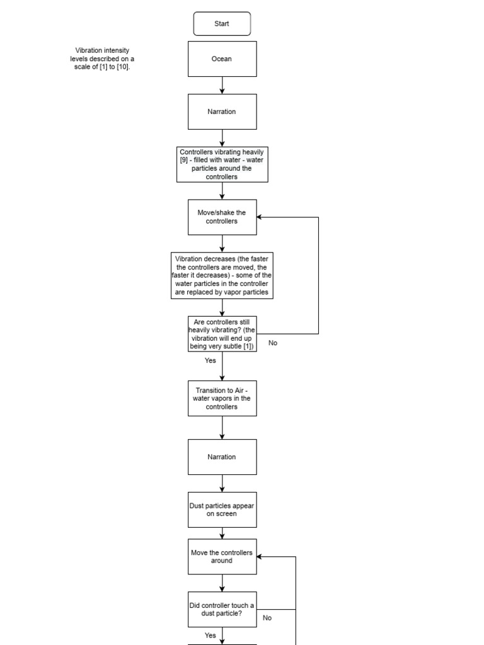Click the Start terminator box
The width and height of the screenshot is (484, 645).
pos(222,24)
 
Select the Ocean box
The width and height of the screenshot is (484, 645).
pos(222,59)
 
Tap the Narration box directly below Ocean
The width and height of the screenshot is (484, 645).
pos(222,111)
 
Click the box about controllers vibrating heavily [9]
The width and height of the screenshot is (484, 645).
pos(222,164)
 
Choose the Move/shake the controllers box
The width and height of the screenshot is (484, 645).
pos(222,217)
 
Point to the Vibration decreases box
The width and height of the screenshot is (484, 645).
pos(222,275)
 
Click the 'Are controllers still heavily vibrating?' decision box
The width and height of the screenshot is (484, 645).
pos(222,334)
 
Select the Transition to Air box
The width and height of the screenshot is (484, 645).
pos(222,398)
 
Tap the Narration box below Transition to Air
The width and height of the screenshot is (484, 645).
pos(222,457)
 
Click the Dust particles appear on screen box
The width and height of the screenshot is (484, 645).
pos(222,510)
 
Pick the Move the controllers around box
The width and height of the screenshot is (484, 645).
pos(222,556)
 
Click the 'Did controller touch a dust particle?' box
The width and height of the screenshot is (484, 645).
pos(222,609)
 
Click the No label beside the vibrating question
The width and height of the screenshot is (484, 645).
pos(273,343)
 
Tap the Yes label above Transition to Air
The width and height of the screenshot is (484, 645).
pos(210,361)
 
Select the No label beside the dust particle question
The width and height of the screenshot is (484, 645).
pos(267,618)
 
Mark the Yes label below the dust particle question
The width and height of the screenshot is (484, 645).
pos(210,636)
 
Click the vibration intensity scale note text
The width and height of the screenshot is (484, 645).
pos(103,59)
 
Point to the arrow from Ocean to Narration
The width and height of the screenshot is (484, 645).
pos(222,85)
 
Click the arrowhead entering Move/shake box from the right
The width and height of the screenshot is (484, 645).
pos(260,217)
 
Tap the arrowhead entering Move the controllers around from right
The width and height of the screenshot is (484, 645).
pos(260,557)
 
